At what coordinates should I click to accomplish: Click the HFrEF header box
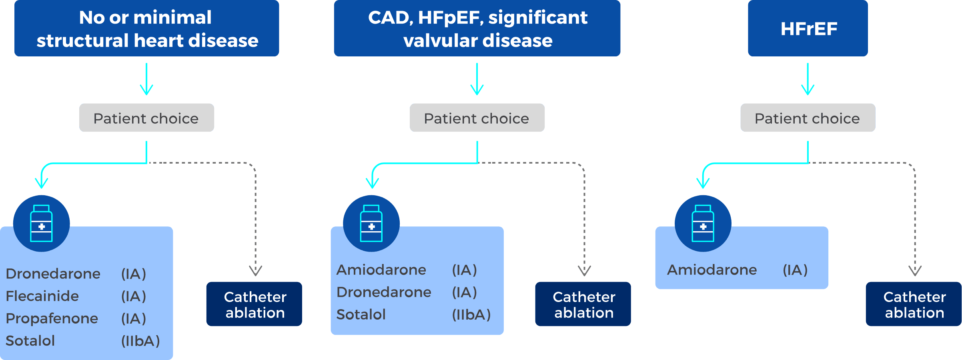point(808,28)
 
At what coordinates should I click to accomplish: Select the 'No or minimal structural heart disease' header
point(146,28)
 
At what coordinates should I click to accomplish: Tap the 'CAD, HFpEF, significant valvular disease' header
point(477,28)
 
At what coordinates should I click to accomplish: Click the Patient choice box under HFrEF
point(808,118)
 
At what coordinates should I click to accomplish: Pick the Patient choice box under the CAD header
point(477,118)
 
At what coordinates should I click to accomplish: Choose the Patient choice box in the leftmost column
point(146,118)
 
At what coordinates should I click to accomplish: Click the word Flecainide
point(42,296)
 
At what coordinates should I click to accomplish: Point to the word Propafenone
point(52,319)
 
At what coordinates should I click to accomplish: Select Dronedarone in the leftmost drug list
point(53,274)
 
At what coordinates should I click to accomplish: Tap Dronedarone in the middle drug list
point(384,292)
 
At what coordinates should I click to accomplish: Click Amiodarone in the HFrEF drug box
point(712,270)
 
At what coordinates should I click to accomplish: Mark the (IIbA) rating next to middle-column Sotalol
point(471,315)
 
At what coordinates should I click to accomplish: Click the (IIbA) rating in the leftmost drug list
point(140,341)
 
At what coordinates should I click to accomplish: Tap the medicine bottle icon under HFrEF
point(703,223)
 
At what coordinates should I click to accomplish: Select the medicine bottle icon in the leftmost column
point(41,223)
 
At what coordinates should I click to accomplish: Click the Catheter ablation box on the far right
point(914,304)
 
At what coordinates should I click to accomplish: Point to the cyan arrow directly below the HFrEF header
point(808,80)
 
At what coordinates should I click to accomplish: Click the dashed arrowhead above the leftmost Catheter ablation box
point(255,271)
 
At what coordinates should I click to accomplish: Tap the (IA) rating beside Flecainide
point(134,296)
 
